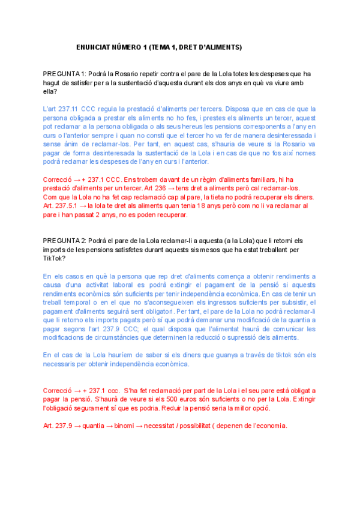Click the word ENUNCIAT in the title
[95, 47]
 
